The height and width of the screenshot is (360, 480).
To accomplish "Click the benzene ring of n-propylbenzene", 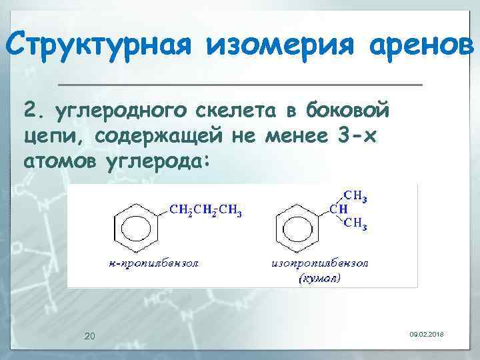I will tap(137, 227).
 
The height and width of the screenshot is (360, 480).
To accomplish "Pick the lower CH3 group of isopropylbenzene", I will tap(355, 224).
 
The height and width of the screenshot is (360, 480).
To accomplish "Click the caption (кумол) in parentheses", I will tap(317, 278).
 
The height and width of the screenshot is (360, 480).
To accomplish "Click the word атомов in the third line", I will tap(59, 162).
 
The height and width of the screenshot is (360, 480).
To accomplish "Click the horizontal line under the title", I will tap(240, 85).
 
